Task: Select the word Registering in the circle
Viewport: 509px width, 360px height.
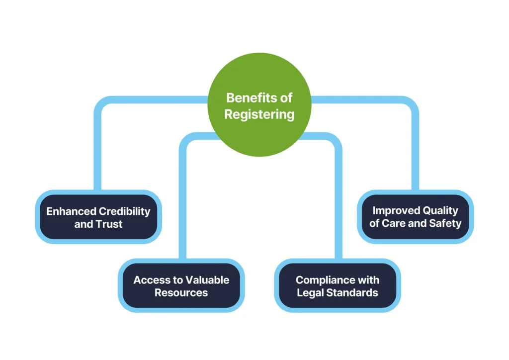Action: coord(259,114)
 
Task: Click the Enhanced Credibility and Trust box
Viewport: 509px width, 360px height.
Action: coord(98,217)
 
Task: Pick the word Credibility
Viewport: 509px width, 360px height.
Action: coord(124,211)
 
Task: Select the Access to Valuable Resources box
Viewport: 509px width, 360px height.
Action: coord(181,286)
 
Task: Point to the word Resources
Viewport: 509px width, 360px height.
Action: coord(181,293)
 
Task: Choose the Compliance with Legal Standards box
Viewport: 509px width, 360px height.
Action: coord(338,286)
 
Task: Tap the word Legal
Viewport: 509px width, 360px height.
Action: coord(310,293)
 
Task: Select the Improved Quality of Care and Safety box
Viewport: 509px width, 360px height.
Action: coord(415,217)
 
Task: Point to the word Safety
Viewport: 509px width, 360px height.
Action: coord(446,224)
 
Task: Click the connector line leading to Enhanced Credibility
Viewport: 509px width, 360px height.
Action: coord(97,149)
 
